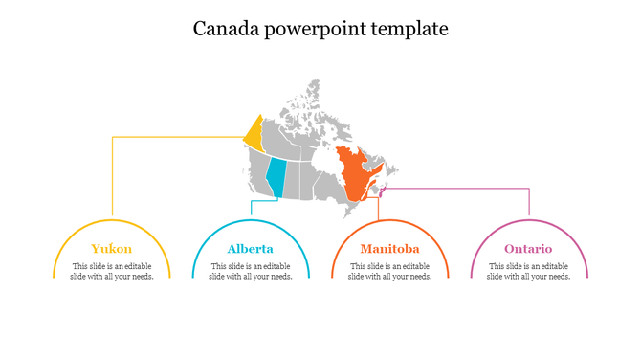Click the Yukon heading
pos(112,249)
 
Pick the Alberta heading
pos(251,249)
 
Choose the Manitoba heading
pos(389,249)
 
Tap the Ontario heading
pos(529,249)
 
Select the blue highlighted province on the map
pos(276,177)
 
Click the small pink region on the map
pos(381,191)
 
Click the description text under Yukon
pos(112,271)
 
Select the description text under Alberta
pos(251,271)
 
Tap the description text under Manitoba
pos(389,271)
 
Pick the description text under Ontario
pos(529,271)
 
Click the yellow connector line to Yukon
pos(113,177)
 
